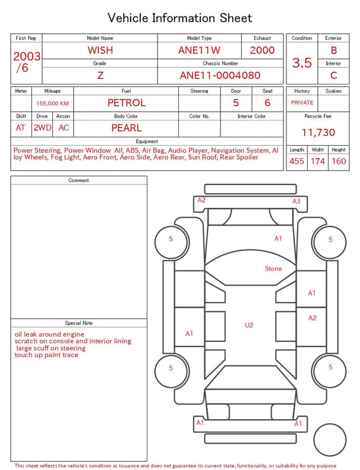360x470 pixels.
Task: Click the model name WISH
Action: (100, 50)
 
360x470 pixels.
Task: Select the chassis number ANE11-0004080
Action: (220, 75)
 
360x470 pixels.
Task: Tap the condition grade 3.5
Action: (302, 63)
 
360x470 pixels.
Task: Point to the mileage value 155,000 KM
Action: (52, 104)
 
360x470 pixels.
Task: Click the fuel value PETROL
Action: (127, 103)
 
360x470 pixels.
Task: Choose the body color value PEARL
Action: (127, 128)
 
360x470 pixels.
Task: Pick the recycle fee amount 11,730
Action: (318, 132)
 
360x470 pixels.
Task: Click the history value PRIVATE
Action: (302, 102)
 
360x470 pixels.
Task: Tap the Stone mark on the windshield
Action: (273, 268)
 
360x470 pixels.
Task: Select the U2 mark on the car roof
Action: (249, 325)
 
